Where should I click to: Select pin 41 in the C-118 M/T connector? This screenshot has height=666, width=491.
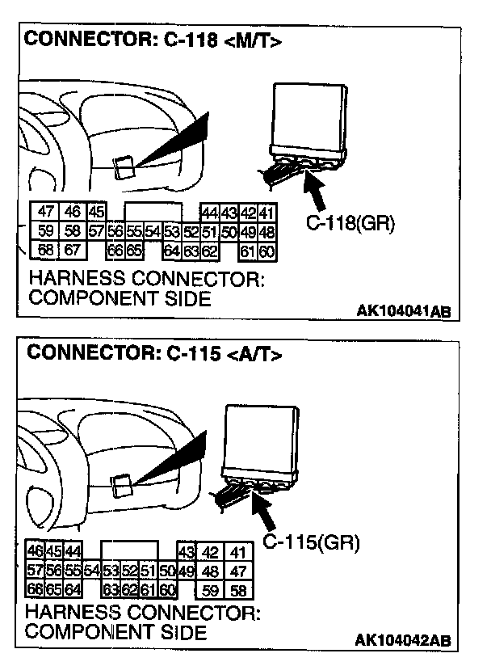tap(267, 213)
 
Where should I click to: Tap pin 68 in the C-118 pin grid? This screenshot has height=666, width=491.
tap(47, 250)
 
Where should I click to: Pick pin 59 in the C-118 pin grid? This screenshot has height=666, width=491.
tap(47, 232)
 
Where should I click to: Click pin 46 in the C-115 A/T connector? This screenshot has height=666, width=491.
tap(36, 551)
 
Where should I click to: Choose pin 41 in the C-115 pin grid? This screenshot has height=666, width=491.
tap(237, 553)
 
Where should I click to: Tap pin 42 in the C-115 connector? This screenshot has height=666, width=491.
tap(211, 553)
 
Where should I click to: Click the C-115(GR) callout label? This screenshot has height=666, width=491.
tap(312, 542)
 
